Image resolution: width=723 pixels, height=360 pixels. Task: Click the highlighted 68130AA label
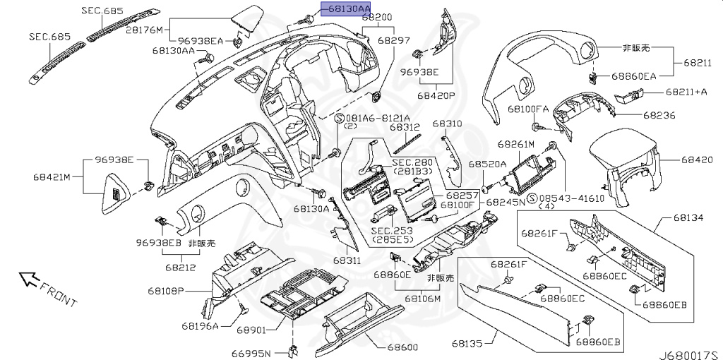[349, 8]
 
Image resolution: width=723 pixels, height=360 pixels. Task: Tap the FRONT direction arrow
[28, 278]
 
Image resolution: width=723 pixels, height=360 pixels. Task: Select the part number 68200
[377, 18]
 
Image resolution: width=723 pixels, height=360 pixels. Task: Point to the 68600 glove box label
[402, 347]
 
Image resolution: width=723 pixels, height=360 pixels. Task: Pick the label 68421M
[51, 176]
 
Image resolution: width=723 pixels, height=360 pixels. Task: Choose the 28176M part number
[145, 30]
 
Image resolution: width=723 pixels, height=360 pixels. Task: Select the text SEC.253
[393, 231]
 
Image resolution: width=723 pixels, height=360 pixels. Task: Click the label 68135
[467, 343]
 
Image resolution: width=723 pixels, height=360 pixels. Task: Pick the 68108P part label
[166, 291]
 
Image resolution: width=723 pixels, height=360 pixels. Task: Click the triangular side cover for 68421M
[116, 193]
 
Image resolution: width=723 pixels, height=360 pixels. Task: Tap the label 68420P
[436, 96]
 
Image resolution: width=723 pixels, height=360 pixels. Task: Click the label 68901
[253, 330]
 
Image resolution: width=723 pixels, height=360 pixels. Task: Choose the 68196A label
[200, 326]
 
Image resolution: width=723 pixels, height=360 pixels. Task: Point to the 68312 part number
[405, 127]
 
